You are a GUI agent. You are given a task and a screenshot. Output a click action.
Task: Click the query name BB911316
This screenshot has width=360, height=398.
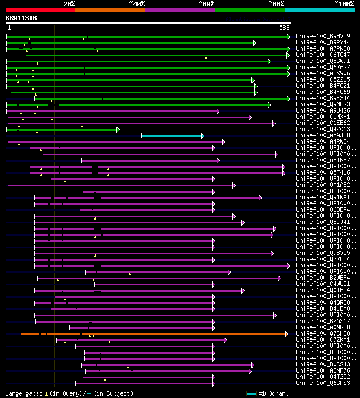(x=21, y=18)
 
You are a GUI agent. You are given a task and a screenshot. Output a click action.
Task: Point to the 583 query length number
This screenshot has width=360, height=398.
(x=284, y=28)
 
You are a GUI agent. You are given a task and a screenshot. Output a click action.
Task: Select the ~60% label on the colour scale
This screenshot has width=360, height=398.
(x=206, y=4)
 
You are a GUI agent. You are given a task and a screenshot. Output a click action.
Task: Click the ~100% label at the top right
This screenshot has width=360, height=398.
(x=344, y=4)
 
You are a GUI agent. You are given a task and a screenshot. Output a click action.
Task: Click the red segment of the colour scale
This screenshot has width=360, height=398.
(x=40, y=10)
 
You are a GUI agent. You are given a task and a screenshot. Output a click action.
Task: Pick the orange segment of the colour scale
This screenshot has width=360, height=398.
(x=110, y=10)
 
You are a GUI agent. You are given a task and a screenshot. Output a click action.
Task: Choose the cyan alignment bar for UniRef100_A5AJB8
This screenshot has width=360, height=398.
(x=172, y=136)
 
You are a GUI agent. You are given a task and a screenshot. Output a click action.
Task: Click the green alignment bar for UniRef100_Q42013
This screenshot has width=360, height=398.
(x=62, y=129)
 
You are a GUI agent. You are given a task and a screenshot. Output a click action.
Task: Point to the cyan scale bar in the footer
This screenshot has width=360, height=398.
(x=251, y=393)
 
